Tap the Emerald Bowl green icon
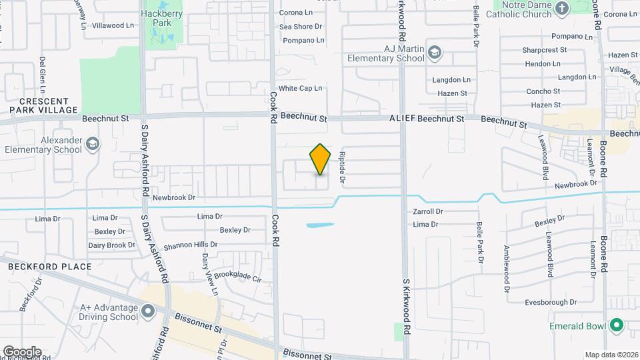(x=617, y=326)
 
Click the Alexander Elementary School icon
(x=92, y=144)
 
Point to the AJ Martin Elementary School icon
(x=435, y=53)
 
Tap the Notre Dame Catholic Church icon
(x=561, y=9)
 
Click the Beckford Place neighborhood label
(x=50, y=267)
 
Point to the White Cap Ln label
(x=300, y=88)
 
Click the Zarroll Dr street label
(x=428, y=211)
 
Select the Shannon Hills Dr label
(x=191, y=245)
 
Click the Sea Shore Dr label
(x=300, y=27)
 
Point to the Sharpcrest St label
(x=544, y=49)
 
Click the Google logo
(x=22, y=351)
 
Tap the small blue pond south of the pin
(x=321, y=225)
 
